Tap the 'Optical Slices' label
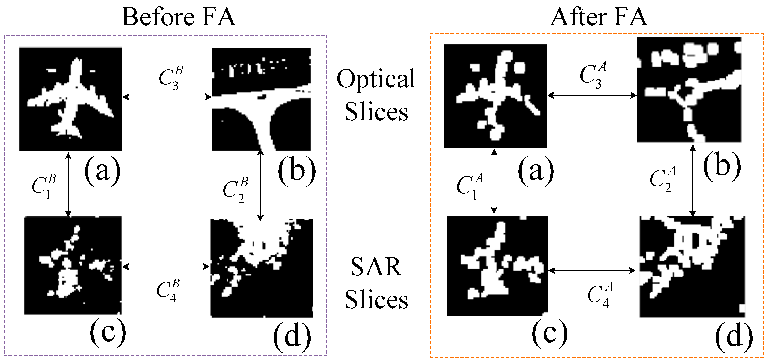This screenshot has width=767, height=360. click(x=376, y=95)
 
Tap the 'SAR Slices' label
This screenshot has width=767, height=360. click(x=376, y=283)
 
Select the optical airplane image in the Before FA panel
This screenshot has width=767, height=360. click(x=70, y=99)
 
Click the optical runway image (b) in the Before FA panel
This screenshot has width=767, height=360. click(x=262, y=99)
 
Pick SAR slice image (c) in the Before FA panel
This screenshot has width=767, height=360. click(x=73, y=265)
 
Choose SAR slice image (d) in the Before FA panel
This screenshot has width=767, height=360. click(x=262, y=268)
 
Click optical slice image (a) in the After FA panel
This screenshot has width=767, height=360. click(x=496, y=96)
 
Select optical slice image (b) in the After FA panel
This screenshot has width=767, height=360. click(x=689, y=90)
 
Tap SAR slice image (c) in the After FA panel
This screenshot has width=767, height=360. click(x=497, y=266)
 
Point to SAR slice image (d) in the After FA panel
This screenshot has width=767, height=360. click(x=692, y=266)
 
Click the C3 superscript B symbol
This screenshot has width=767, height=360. click(x=171, y=78)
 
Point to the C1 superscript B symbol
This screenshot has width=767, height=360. click(x=44, y=187)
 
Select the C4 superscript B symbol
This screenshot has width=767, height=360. click(x=168, y=291)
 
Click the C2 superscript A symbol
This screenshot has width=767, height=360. click(x=663, y=180)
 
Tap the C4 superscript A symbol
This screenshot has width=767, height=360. click(x=600, y=294)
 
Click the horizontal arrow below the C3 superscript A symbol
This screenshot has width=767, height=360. click(x=592, y=96)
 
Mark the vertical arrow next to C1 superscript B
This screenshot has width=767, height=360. click(x=68, y=185)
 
